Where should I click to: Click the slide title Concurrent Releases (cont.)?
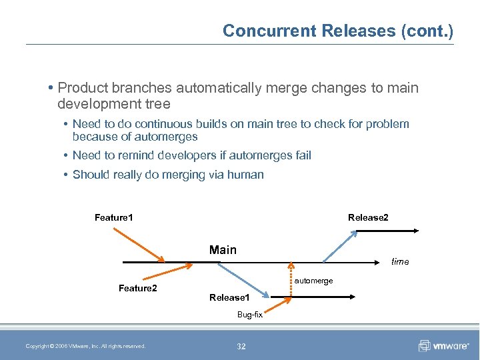coord(337,31)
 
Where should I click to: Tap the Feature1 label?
coord(114,217)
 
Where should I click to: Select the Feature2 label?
coord(137,288)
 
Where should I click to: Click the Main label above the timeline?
coord(223,250)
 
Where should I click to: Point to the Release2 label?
coord(368,217)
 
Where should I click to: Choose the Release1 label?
coord(229,297)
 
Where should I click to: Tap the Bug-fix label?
coord(250,314)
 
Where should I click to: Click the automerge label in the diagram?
coord(313,281)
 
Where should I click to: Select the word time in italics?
coord(400,261)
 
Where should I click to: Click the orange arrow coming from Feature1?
coord(139,245)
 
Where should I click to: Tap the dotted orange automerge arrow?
coord(289,274)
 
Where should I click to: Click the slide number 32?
coord(241,346)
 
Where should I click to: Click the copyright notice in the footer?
coord(85,346)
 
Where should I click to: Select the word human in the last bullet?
coord(246,175)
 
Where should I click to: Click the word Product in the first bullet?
coord(81,87)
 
